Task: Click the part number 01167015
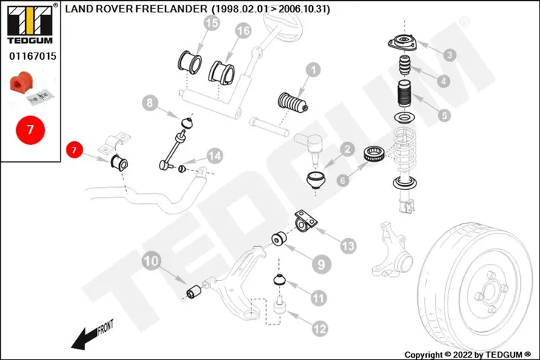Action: point(33,56)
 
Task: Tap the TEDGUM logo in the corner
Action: point(30,25)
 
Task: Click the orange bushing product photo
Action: point(21,82)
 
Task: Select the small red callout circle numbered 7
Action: point(74,150)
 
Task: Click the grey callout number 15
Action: point(212,24)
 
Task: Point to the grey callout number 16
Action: point(243,31)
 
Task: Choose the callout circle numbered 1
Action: point(313,70)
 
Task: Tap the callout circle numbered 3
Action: point(450,55)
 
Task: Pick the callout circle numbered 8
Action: point(150,103)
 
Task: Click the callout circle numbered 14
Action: point(215,156)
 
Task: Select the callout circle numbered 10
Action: point(151,261)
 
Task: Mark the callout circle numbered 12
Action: point(320,329)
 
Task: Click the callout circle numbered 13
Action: point(348,245)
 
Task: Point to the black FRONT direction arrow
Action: point(86,338)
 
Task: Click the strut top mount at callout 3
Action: point(402,42)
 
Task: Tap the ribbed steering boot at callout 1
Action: point(293,103)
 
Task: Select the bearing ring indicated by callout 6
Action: point(374,154)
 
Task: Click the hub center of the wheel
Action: point(489,293)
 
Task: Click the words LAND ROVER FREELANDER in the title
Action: point(136,9)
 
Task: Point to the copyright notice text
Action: point(468,355)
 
